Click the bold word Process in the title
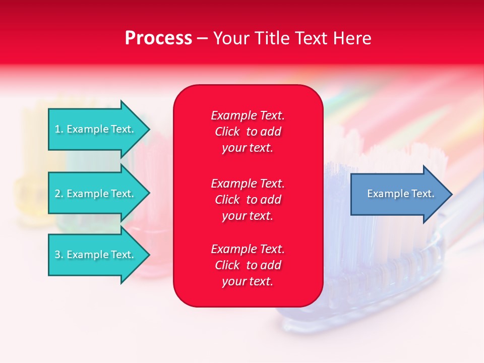coord(158,38)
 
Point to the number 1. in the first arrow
coord(59,129)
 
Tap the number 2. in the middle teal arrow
coord(59,194)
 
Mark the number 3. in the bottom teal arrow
coord(59,255)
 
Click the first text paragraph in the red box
coord(248,132)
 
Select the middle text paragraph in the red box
coord(248,200)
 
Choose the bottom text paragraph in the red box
coord(248,265)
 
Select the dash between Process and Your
coord(203,39)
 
